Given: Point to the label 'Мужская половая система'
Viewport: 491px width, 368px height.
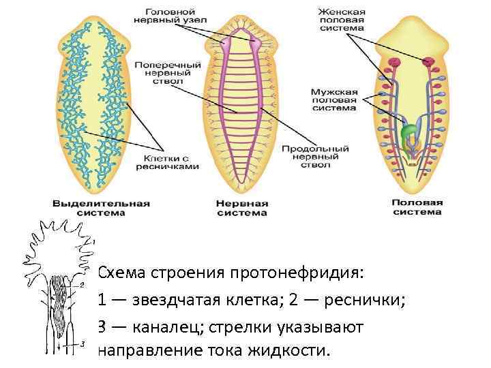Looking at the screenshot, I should tap(333, 99).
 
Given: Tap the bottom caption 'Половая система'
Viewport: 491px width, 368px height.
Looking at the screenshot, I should tap(417, 207).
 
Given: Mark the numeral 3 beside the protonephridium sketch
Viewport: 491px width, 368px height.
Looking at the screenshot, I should tap(82, 343).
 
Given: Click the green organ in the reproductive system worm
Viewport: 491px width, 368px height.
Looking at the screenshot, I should tap(410, 132).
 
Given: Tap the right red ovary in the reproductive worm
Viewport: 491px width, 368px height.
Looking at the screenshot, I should tap(430, 63).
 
